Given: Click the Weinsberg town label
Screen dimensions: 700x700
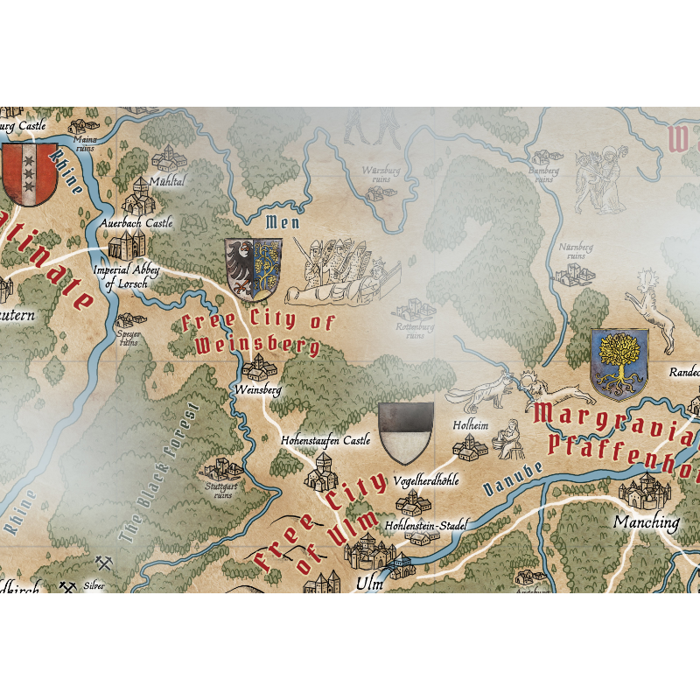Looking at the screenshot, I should click(x=258, y=389).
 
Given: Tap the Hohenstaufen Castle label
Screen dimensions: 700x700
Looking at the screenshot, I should click(x=325, y=441).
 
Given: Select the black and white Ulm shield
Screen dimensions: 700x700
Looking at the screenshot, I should click(x=406, y=433).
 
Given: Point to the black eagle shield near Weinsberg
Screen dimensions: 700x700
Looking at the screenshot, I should click(x=253, y=269).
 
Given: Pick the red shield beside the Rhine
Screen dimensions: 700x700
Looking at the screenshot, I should click(x=29, y=173).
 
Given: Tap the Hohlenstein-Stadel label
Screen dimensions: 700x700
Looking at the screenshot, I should click(x=426, y=526).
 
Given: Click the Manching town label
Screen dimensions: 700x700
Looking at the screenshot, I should click(x=646, y=522).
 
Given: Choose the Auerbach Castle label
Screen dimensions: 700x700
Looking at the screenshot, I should click(x=136, y=224).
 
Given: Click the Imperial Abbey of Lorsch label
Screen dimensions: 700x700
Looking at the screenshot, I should click(x=126, y=276).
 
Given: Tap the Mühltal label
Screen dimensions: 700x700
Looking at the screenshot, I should click(x=167, y=181).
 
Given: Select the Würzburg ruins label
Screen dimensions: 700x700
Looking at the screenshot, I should click(x=381, y=173).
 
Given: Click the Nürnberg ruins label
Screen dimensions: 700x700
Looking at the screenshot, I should click(x=575, y=252).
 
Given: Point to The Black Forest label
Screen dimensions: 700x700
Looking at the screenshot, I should click(x=158, y=472).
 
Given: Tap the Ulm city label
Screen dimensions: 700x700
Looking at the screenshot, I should click(x=369, y=584).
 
